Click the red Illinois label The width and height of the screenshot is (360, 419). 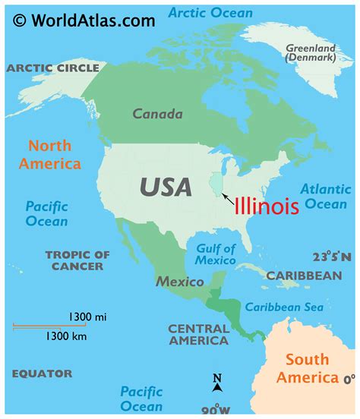click(x=266, y=205)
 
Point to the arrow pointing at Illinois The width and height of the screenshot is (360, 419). click(x=227, y=197)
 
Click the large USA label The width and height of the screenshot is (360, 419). click(x=165, y=186)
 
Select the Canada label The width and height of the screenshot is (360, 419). click(x=157, y=115)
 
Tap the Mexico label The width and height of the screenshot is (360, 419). click(x=180, y=282)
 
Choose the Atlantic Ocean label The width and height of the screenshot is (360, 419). click(x=326, y=196)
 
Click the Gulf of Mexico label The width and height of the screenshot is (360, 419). click(x=216, y=254)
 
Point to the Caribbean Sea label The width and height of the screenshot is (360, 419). click(x=284, y=307)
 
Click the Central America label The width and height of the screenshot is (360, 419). click(x=198, y=335)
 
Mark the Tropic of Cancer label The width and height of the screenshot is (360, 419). click(x=78, y=260)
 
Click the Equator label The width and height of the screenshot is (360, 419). click(x=43, y=373)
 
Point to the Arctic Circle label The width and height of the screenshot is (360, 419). click(x=53, y=68)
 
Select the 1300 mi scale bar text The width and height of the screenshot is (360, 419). click(x=87, y=316)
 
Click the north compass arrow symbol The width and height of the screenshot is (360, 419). click(x=217, y=383)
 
